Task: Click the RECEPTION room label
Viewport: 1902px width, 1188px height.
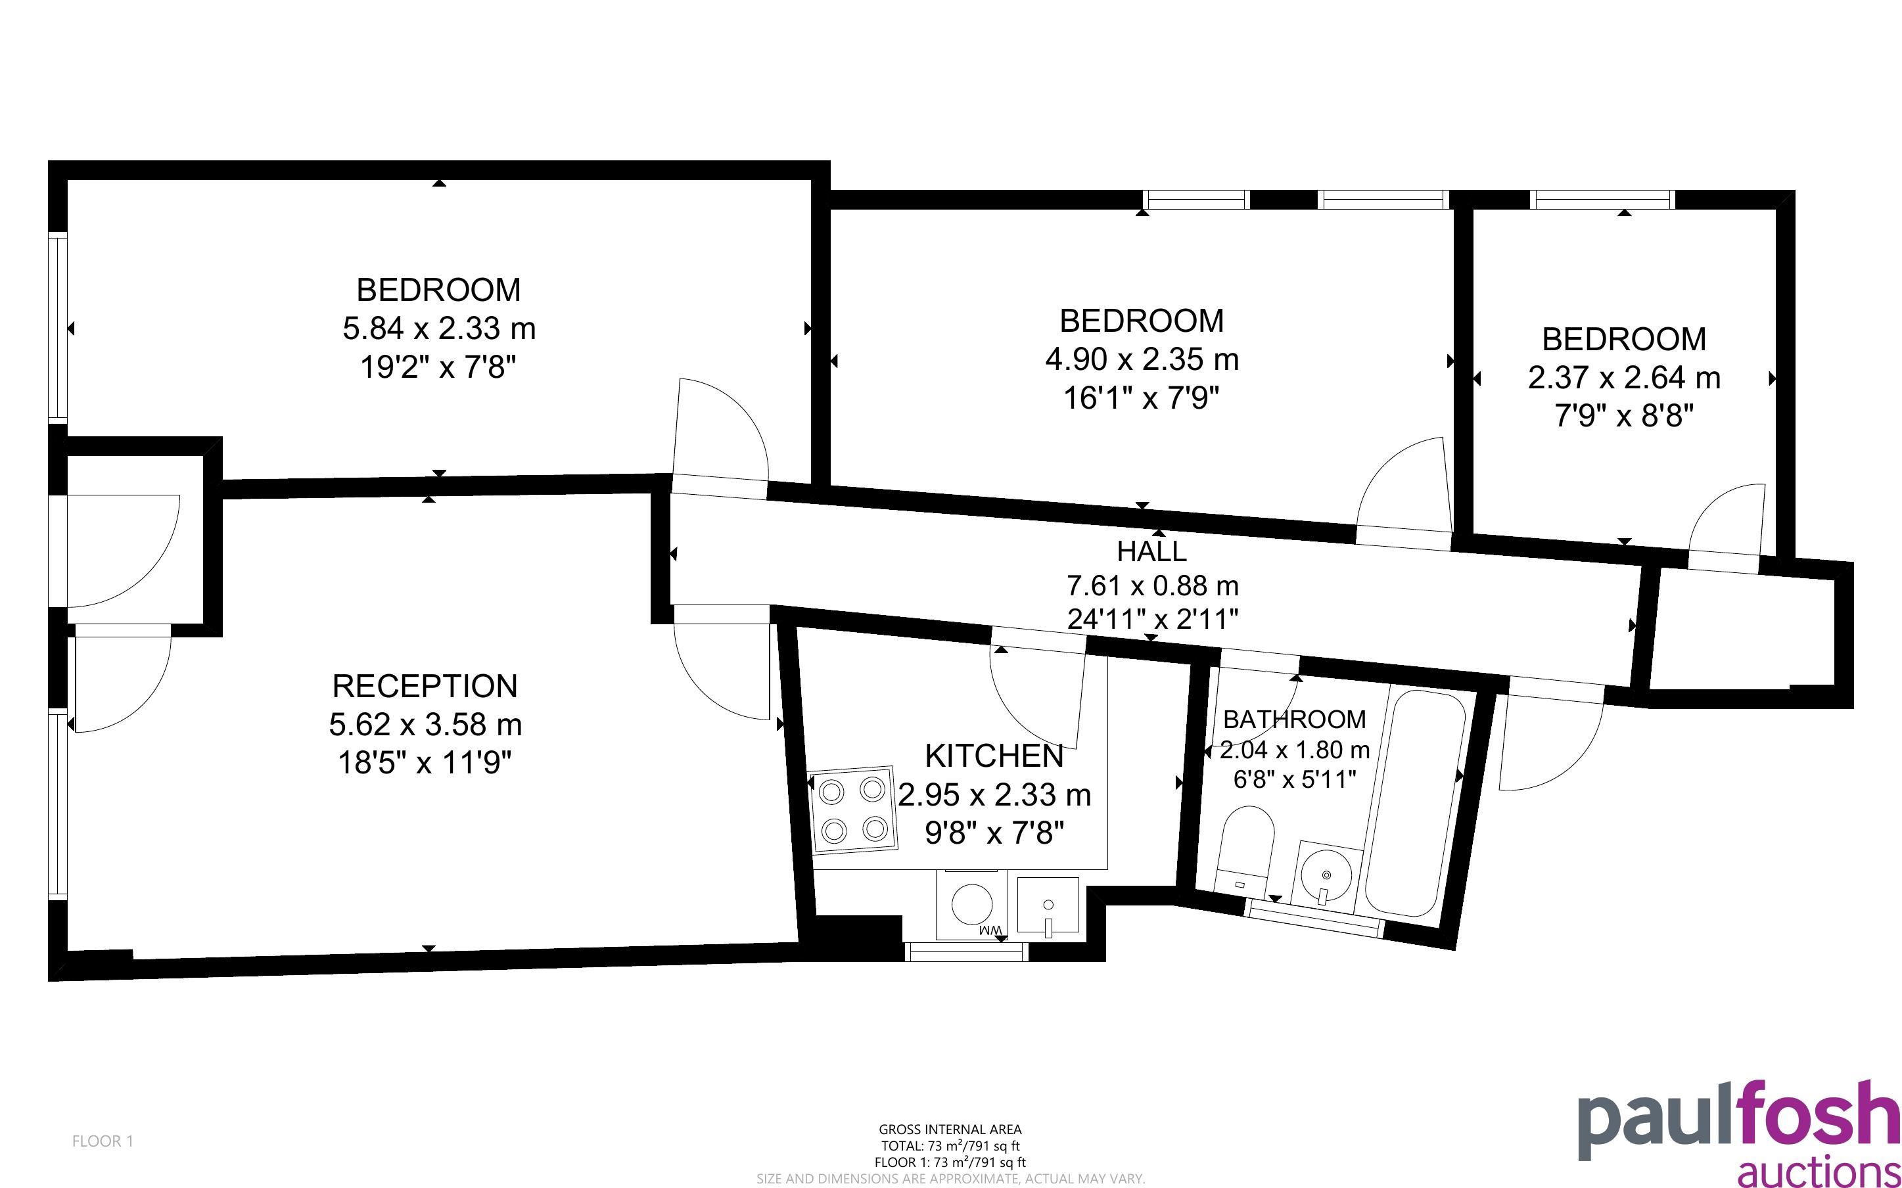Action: coord(425,686)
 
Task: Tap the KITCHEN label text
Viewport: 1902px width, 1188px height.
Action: coord(994,756)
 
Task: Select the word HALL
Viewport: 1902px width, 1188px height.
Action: coord(1151,551)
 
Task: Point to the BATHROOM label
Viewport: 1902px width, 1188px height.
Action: coord(1294,719)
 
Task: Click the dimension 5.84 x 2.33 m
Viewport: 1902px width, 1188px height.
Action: coord(439,329)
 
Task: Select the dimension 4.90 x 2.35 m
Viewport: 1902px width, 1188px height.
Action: coord(1142,359)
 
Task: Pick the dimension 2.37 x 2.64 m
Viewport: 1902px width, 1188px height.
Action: coord(1624,378)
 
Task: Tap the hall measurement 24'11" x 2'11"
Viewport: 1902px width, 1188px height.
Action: coord(1153,619)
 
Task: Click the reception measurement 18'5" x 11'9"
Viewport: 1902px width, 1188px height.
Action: coord(425,762)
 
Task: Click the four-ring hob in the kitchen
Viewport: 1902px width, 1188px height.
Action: coord(852,808)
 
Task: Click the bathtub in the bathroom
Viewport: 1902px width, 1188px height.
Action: coord(1415,803)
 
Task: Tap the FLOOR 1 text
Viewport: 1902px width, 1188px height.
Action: coord(103,1141)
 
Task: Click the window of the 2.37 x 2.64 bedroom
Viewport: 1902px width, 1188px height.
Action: coord(1603,200)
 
